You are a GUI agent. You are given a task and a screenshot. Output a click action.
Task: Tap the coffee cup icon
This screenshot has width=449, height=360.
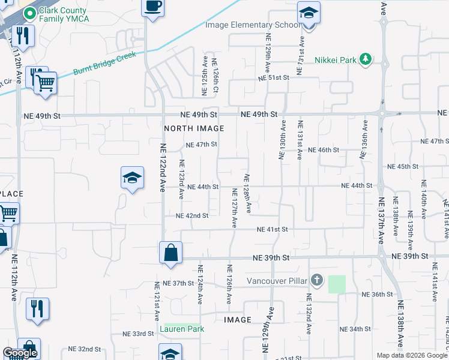click(x=152, y=7)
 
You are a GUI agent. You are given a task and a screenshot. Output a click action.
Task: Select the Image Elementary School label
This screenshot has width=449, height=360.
click(x=252, y=25)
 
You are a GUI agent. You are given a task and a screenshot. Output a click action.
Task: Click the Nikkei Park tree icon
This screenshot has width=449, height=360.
click(x=364, y=59)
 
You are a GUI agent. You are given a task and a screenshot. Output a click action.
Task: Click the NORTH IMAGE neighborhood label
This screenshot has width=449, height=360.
click(x=194, y=128)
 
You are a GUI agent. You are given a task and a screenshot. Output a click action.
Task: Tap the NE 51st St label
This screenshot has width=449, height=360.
click(x=274, y=78)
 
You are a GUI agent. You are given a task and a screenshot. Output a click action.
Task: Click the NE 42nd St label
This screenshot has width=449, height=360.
click(x=192, y=215)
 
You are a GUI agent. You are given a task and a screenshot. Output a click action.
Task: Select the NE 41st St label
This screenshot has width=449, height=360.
click(x=273, y=229)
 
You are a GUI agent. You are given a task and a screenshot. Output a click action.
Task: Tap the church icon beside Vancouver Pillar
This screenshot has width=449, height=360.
click(x=318, y=280)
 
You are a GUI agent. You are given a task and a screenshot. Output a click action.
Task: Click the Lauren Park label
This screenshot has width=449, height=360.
click(x=184, y=329)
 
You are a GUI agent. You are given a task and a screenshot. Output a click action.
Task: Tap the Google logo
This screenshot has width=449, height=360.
click(x=20, y=353)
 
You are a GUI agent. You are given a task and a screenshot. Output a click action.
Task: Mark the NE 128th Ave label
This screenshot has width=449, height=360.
click(x=247, y=194)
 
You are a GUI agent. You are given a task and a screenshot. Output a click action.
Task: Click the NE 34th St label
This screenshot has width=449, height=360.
click(x=355, y=329)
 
